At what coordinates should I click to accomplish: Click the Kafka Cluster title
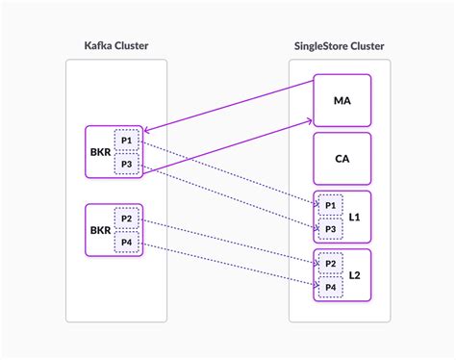click(x=114, y=45)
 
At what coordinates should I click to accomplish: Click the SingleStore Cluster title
click(x=339, y=45)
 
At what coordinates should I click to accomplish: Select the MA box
click(x=341, y=100)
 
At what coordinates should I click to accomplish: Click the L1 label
click(x=354, y=219)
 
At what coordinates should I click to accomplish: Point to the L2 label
click(x=354, y=274)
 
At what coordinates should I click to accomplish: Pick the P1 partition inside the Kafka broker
click(x=127, y=141)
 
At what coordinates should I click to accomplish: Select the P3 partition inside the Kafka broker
click(x=127, y=165)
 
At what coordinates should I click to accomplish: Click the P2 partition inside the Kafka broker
click(x=127, y=219)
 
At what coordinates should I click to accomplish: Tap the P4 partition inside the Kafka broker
click(x=127, y=243)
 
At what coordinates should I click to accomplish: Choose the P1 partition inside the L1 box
click(x=330, y=207)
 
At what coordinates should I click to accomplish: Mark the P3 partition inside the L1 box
click(x=330, y=231)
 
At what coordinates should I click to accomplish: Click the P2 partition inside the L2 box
click(x=330, y=262)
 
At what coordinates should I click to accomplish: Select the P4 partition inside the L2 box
click(x=330, y=286)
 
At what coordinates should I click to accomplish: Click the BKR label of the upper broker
click(x=99, y=152)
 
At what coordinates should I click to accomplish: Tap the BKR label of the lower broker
click(x=99, y=230)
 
